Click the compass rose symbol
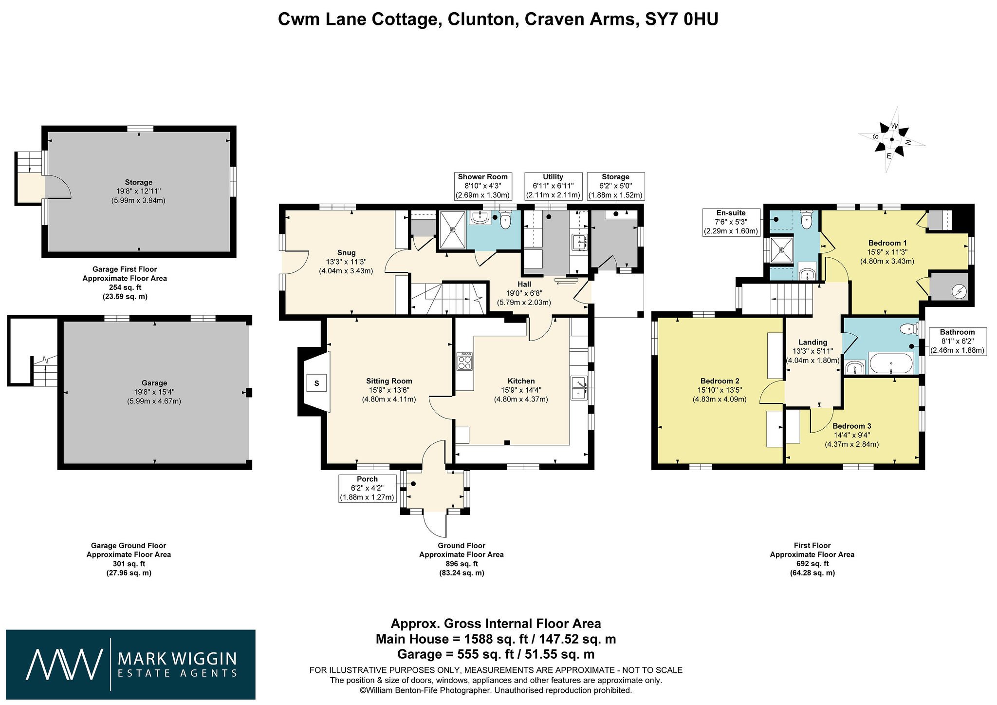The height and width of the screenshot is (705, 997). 891,140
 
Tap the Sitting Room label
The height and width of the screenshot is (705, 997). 389,381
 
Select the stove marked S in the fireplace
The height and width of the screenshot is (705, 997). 316,383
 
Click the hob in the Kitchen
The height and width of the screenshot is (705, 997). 464,362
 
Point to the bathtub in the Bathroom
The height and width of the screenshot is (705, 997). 890,363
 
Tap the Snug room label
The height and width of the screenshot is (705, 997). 346,253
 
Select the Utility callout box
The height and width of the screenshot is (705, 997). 553,186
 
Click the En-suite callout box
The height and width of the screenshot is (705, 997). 731,222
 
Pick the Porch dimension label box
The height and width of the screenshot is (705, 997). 367,488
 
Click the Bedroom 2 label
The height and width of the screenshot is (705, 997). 720,381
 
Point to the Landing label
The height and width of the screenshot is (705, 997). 812,342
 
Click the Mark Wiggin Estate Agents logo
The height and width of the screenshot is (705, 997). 130,665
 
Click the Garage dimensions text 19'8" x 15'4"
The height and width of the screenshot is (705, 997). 154,392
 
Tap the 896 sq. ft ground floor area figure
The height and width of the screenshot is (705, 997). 461,564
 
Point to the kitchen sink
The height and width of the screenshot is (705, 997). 579,388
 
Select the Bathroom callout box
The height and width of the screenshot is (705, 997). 958,341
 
